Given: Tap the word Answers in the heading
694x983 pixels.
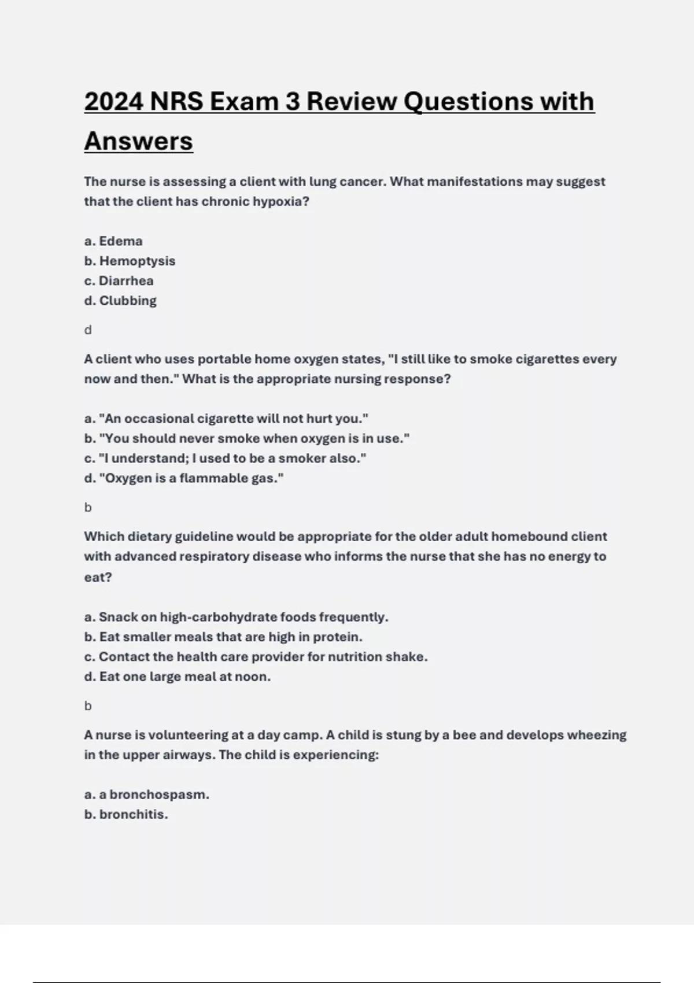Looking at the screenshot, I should pyautogui.click(x=139, y=141).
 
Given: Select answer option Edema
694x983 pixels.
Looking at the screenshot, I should pyautogui.click(x=113, y=241).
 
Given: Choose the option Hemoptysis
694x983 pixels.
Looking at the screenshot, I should pyautogui.click(x=130, y=261).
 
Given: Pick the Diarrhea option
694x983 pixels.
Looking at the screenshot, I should pyautogui.click(x=119, y=281).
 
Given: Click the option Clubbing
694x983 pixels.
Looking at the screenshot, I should pyautogui.click(x=120, y=301).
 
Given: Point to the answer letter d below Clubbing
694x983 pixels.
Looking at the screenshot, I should pyautogui.click(x=88, y=330).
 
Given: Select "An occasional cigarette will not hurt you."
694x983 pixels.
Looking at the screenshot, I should pyautogui.click(x=226, y=419).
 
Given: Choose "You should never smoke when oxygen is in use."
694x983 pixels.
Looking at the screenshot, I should pyautogui.click(x=247, y=438).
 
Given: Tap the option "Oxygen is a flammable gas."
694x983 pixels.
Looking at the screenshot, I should pyautogui.click(x=184, y=478).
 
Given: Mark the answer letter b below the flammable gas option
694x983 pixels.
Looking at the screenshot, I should pyautogui.click(x=88, y=508).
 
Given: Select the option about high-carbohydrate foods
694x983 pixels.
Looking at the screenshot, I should pyautogui.click(x=236, y=617).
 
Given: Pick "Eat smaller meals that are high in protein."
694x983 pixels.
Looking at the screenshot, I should pyautogui.click(x=223, y=637).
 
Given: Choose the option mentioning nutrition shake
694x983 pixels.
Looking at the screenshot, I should pyautogui.click(x=256, y=657).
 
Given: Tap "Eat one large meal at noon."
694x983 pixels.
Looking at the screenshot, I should pyautogui.click(x=178, y=677).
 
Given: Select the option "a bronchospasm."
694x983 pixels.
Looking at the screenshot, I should pyautogui.click(x=147, y=794).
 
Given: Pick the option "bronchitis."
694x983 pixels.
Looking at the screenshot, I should pyautogui.click(x=126, y=815).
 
